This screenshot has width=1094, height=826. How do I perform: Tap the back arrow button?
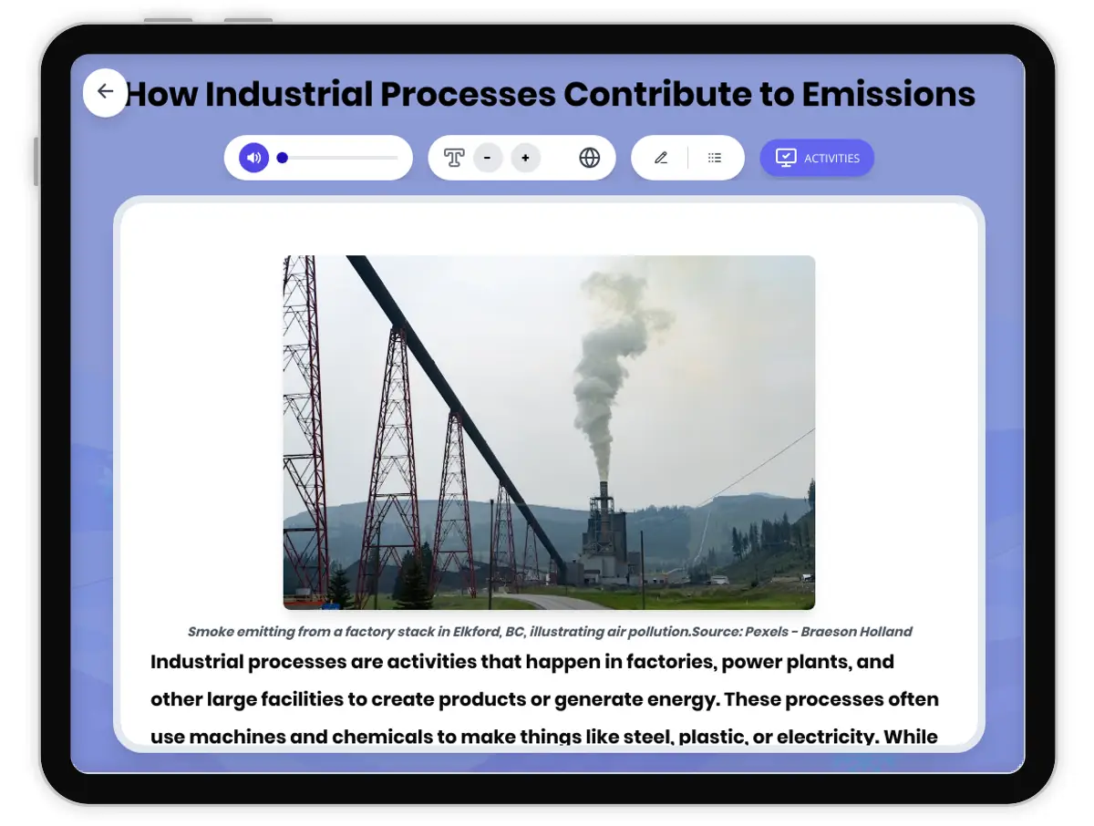coord(105,92)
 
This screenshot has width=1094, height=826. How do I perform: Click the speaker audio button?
coord(254,158)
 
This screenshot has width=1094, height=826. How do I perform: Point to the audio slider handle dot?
coord(283,158)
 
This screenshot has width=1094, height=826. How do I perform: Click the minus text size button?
coord(488,158)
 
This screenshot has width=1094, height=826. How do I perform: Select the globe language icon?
coord(590,158)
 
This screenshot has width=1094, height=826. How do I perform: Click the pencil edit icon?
coord(661,158)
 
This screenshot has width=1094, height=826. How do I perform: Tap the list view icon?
coord(715,158)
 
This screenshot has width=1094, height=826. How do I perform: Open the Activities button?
coord(817,158)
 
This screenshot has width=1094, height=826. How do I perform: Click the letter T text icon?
coord(453,158)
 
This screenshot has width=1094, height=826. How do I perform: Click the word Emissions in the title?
coord(888,94)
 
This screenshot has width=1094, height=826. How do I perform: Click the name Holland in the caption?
coord(884,632)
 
